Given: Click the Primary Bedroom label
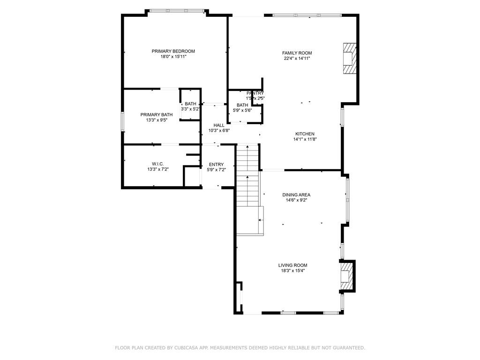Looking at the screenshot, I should click(x=173, y=51).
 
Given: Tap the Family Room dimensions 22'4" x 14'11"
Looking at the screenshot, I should click(x=297, y=59).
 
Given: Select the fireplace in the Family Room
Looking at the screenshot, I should click(x=349, y=58).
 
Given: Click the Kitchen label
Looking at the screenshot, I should click(x=305, y=134).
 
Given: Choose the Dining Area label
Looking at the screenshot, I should click(x=296, y=195).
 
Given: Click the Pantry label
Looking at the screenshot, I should click(x=255, y=93).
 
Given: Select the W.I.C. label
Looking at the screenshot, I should click(x=157, y=164).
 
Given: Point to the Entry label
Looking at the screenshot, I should click(x=216, y=164).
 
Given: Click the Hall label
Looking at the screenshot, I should click(x=219, y=125).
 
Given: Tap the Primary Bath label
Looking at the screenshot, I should click(x=157, y=114).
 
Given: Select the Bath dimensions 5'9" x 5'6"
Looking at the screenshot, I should click(x=242, y=111).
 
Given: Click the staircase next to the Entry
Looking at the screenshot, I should click(x=247, y=183).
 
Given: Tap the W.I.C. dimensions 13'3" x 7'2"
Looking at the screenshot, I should click(x=157, y=169).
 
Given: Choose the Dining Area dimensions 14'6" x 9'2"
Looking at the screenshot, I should click(x=296, y=200).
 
